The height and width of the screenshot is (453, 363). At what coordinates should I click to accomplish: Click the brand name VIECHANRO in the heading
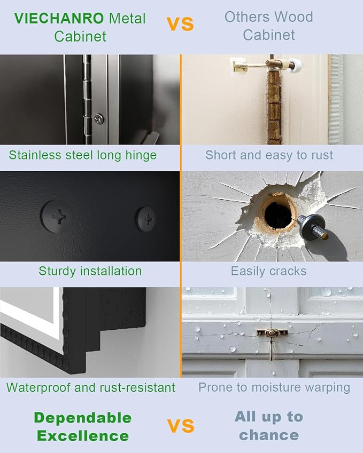click(59, 19)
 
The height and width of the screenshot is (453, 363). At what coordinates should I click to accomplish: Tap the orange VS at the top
click(180, 24)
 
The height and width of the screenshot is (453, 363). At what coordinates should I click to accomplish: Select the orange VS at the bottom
click(181, 426)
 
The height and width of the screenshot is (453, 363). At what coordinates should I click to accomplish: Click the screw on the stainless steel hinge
click(99, 119)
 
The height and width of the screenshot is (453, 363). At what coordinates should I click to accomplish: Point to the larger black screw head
click(57, 217)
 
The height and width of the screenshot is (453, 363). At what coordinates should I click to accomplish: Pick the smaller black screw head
click(146, 219)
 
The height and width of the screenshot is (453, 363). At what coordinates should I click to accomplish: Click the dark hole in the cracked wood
click(278, 214)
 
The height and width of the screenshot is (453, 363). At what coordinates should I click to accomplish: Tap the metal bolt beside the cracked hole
click(313, 228)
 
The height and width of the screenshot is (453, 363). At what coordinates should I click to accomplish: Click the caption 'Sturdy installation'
click(90, 271)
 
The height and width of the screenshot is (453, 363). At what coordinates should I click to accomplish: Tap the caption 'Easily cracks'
click(268, 271)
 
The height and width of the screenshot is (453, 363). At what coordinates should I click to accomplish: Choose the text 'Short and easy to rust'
click(269, 155)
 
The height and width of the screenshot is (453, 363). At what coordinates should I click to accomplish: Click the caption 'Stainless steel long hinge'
click(83, 155)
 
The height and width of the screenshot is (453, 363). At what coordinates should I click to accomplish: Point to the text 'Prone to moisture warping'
click(274, 387)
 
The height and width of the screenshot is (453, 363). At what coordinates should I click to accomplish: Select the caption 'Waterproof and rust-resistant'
click(90, 387)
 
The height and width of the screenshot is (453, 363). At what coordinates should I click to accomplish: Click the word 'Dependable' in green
click(83, 418)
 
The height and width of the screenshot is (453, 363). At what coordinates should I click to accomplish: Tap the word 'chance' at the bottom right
click(269, 435)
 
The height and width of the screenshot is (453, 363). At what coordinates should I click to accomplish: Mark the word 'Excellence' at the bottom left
click(83, 436)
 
